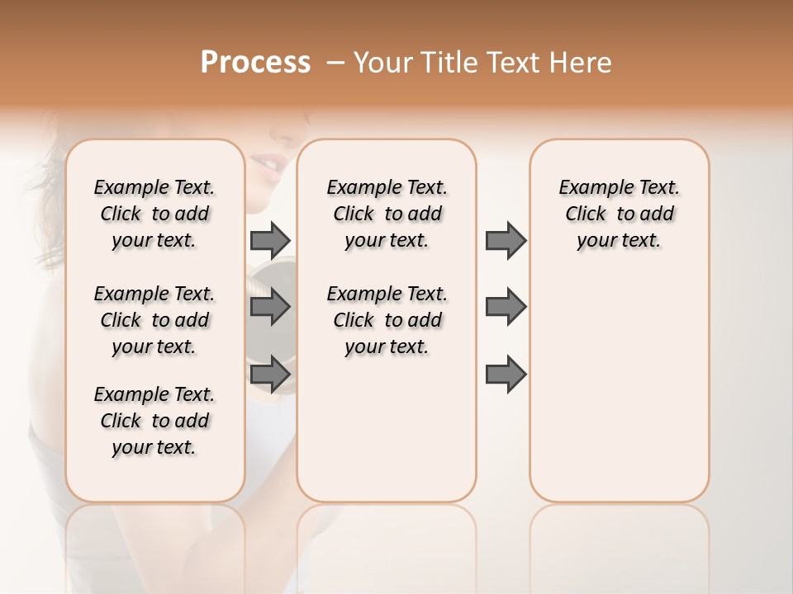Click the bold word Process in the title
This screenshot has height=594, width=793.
click(x=255, y=63)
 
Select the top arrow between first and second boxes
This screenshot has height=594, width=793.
click(x=271, y=240)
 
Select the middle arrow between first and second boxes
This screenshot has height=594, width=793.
click(x=271, y=307)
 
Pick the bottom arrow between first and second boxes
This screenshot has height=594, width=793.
click(x=271, y=375)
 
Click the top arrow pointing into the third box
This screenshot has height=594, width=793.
click(x=506, y=240)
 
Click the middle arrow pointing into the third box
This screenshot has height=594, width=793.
click(x=506, y=307)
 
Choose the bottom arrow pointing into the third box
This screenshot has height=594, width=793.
click(x=506, y=375)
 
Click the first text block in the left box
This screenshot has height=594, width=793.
click(x=154, y=214)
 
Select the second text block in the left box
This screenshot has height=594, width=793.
click(x=154, y=320)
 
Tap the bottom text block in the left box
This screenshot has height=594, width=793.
click(x=154, y=421)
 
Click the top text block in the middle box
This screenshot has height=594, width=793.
click(x=387, y=214)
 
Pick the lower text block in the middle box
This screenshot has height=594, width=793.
click(x=387, y=320)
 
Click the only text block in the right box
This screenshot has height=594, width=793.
click(x=619, y=214)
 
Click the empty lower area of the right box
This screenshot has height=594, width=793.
click(x=619, y=396)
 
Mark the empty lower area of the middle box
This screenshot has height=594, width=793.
click(x=387, y=429)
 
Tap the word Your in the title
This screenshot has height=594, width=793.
click(x=382, y=63)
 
